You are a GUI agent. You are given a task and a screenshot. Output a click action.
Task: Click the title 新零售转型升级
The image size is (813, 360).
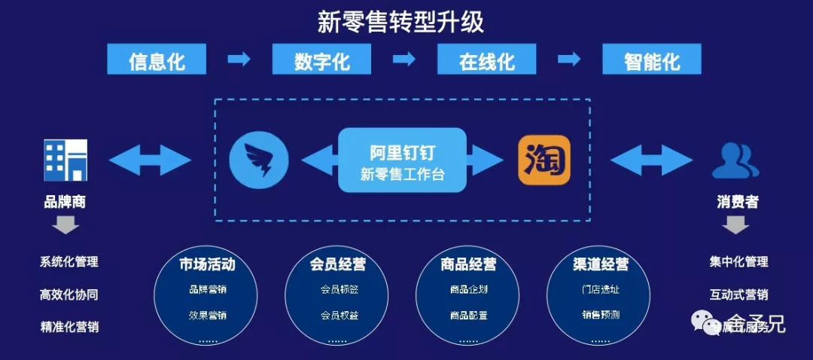coord(400,22)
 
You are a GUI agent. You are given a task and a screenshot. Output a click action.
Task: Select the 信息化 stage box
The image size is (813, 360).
coord(157,59)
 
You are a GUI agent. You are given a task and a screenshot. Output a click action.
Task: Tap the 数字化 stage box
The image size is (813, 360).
coord(322,59)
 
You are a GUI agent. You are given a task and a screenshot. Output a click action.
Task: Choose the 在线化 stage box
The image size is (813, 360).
coord(487,59)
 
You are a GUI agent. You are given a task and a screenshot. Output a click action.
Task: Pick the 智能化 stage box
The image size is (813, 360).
coord(652,59)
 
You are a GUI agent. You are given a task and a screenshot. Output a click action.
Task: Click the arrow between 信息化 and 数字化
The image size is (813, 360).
coord(239,59)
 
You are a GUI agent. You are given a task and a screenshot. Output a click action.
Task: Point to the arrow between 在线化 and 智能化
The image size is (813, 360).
coord(569,59)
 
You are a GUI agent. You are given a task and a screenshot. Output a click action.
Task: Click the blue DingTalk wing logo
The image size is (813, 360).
coord(259,159)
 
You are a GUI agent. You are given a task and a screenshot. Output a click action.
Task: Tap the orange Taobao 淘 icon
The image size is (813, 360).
coord(544,160)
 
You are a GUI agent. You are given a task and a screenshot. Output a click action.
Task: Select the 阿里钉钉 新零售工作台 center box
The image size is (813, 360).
coord(402,160)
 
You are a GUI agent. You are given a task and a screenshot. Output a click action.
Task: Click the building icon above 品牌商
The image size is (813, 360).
coord(65,160)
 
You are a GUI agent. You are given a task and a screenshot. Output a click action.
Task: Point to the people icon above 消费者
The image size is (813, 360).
coord(735,160)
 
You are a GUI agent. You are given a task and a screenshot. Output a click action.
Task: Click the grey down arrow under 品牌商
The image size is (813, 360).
coord(65,225)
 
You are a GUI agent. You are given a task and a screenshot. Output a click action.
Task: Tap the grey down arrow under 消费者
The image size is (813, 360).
coord(735,224)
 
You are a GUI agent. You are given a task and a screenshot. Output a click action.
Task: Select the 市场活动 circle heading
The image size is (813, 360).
coord(207,264)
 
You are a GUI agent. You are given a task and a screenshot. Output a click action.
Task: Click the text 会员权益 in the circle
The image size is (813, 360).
coord(338,315)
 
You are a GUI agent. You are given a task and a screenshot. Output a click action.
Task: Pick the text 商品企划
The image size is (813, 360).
coord(468,289)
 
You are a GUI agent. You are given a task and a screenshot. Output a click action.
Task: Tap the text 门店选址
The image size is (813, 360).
coord(600,289)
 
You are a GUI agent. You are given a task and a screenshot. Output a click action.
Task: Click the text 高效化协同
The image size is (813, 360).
coord(69,294)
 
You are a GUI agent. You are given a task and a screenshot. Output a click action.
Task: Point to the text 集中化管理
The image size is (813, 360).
coord(738,262)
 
